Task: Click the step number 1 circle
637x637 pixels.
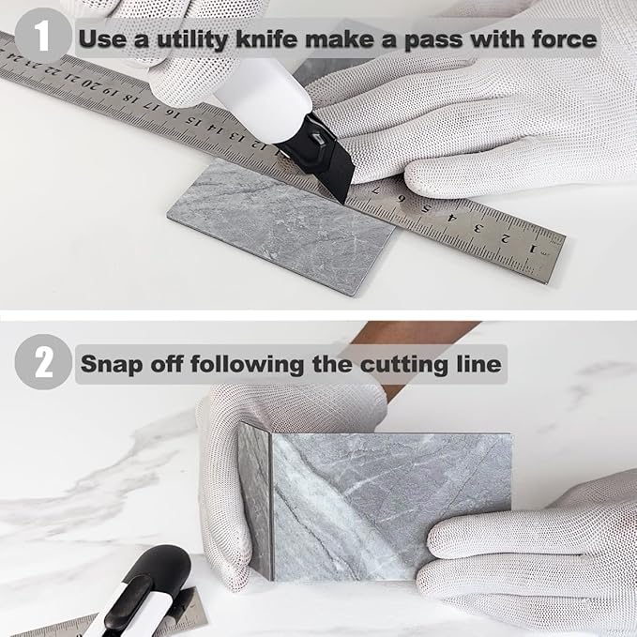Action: pyautogui.click(x=43, y=38)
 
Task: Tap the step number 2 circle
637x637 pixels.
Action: pyautogui.click(x=43, y=362)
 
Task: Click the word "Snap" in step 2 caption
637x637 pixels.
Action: pyautogui.click(x=111, y=363)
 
